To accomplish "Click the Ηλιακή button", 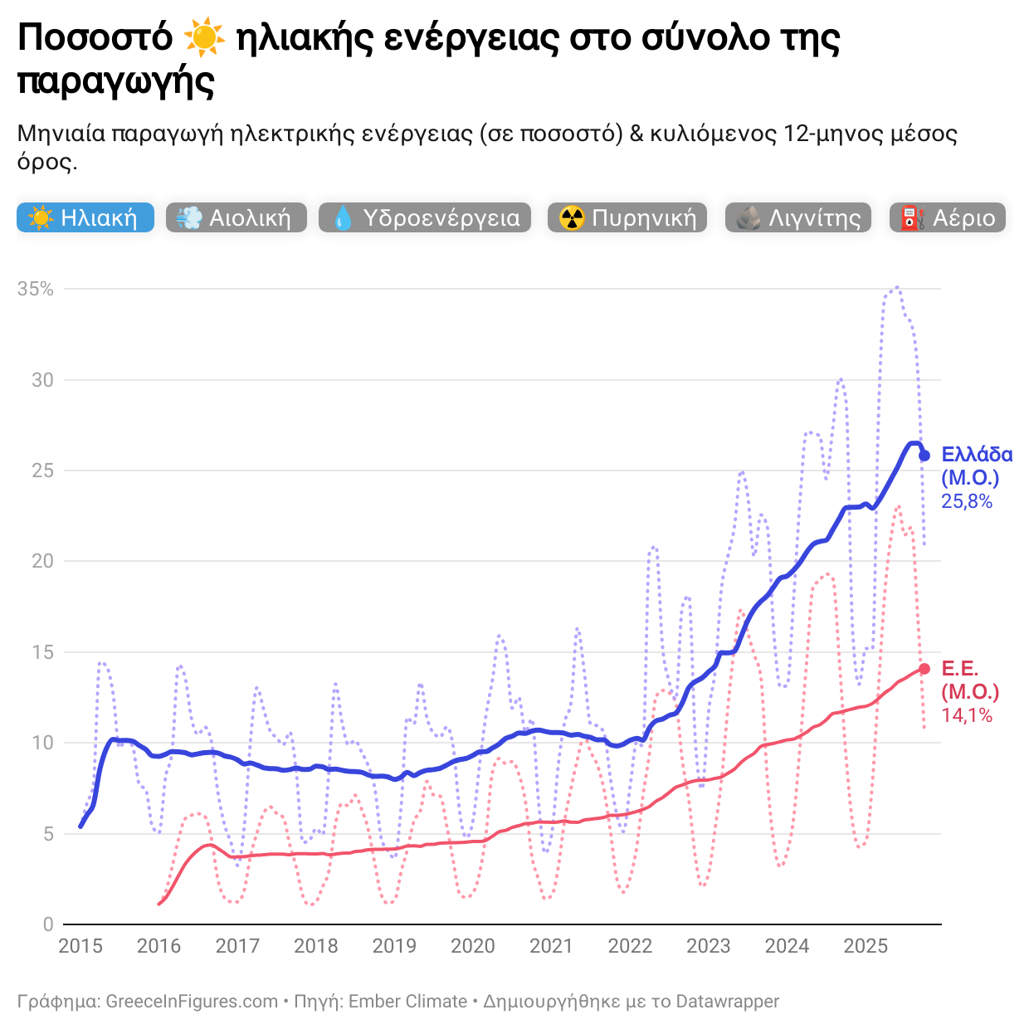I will point(85,217).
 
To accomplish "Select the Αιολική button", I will point(236,217).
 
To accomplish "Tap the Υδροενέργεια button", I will point(424,217).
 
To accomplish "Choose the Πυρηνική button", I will point(627,217).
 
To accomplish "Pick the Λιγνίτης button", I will point(797,217).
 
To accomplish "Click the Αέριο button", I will point(947,217).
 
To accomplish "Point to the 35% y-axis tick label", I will point(36,289).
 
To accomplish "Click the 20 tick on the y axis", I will point(42,561).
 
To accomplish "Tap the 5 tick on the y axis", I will point(47,834).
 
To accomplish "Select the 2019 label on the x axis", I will point(394,946).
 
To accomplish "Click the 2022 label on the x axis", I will point(630,946).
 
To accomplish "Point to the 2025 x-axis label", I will point(866,946).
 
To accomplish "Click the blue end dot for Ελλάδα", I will point(924,455).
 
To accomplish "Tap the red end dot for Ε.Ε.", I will point(924,669).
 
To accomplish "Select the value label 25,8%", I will point(967,501).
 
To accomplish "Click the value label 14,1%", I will point(967,715).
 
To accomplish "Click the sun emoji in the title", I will point(204,38).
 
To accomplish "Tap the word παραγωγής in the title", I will point(116,81).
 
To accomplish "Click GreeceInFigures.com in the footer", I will point(192,1002).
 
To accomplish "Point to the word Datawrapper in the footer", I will point(727,1002).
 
